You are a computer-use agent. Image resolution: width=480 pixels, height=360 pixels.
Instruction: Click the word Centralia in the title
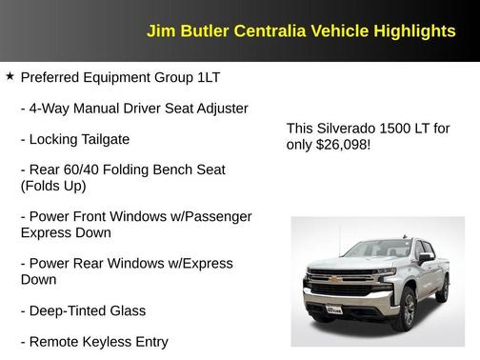coord(250,31)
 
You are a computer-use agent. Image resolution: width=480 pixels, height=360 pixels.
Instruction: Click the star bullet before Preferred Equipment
coord(10,73)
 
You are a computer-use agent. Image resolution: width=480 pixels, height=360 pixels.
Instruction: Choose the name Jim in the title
coord(160,31)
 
